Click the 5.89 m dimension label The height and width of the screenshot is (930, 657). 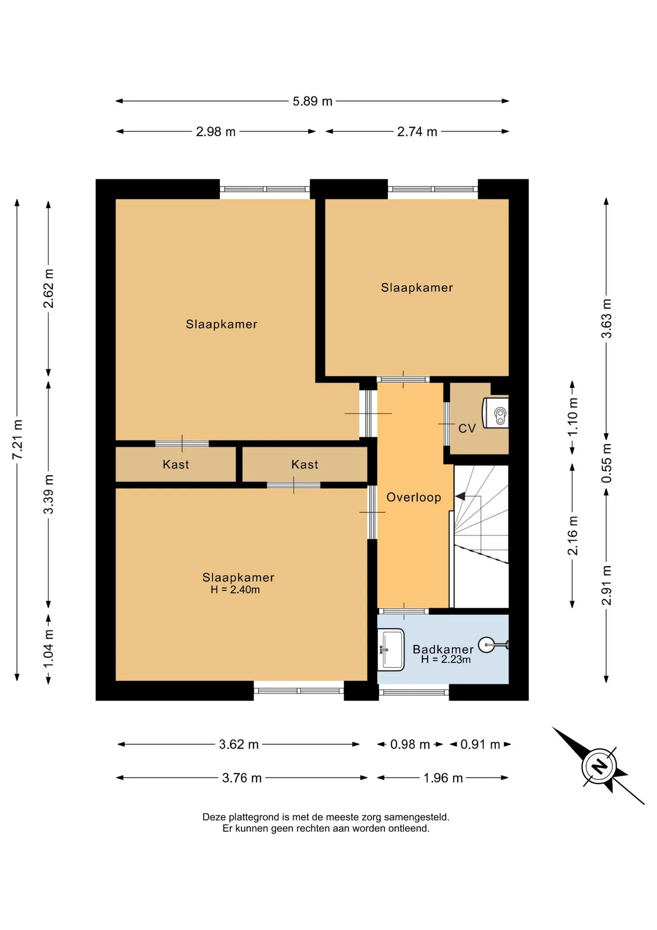[x=313, y=101]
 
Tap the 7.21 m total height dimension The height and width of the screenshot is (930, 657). [x=17, y=439]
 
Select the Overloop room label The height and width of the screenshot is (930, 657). [x=414, y=497]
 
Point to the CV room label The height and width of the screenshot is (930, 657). [x=467, y=428]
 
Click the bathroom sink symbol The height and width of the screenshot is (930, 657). [x=391, y=650]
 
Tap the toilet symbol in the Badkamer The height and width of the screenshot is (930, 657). [x=493, y=645]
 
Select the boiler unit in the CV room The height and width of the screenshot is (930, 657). [x=495, y=413]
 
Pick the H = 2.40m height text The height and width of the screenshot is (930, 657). [x=235, y=589]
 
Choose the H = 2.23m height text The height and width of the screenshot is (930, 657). [x=446, y=659]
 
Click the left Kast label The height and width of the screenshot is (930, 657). [x=176, y=465]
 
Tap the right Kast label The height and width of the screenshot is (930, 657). [x=305, y=465]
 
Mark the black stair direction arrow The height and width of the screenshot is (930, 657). [x=460, y=496]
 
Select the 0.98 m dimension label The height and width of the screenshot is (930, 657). [x=410, y=744]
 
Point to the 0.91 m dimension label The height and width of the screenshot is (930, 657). [x=480, y=744]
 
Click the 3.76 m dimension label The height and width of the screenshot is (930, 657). [x=242, y=778]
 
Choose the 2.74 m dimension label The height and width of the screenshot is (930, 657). [x=417, y=132]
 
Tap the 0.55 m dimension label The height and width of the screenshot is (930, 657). [x=607, y=463]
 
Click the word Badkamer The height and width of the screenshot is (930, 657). [x=443, y=649]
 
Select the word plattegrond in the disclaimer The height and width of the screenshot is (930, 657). [x=255, y=817]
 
